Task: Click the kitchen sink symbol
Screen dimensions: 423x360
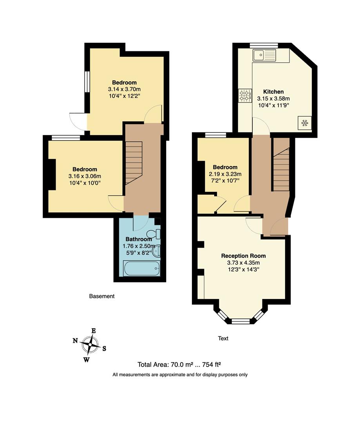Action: [264, 55]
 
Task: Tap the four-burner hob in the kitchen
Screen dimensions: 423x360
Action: [245, 96]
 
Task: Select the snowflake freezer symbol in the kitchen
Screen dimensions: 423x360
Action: [304, 123]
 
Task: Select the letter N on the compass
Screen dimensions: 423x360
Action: [75, 341]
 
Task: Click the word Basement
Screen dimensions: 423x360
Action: [102, 296]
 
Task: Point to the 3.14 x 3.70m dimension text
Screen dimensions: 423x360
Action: [124, 89]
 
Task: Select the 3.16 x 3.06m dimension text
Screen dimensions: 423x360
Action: [85, 176]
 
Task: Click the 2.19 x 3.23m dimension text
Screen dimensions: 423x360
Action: [225, 174]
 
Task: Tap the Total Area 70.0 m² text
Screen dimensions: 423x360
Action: [180, 365]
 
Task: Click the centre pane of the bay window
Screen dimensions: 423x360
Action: [241, 321]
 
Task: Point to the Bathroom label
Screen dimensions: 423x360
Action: [139, 239]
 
